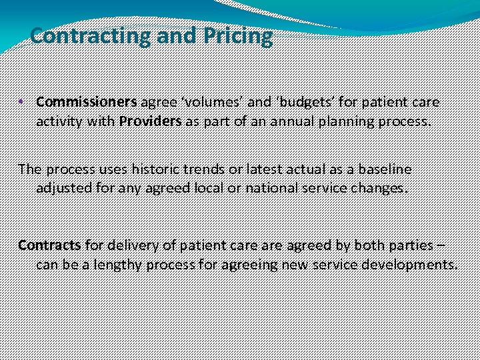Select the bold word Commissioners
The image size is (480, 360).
pos(87,102)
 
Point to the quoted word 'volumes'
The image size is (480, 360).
pos(201,102)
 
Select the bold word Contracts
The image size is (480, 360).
pos(50,245)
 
